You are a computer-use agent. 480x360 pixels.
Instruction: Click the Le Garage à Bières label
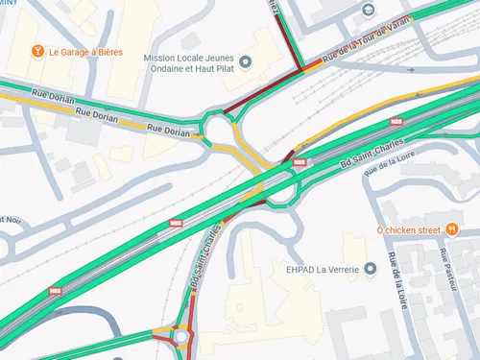click(85, 51)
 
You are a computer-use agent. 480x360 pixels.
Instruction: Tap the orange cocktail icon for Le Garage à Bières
click(37, 51)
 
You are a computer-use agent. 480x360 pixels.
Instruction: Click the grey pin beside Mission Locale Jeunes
click(245, 63)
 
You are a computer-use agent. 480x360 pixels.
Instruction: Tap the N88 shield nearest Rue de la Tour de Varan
click(396, 122)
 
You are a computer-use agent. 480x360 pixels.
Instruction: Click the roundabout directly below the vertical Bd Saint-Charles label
click(181, 337)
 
